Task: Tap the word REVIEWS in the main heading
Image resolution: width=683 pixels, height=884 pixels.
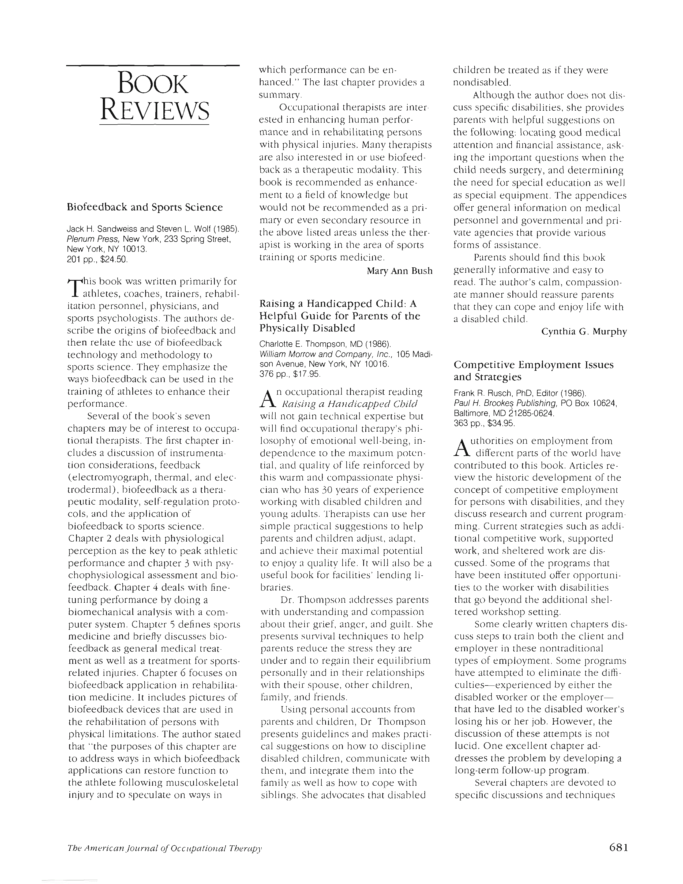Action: click(155, 110)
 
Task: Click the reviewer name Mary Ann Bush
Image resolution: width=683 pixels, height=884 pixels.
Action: click(399, 271)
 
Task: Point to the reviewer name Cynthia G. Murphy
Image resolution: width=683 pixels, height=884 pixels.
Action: click(584, 332)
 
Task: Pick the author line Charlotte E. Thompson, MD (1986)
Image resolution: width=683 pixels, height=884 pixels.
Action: click(325, 344)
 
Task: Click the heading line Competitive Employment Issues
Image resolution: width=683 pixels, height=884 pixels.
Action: click(533, 365)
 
